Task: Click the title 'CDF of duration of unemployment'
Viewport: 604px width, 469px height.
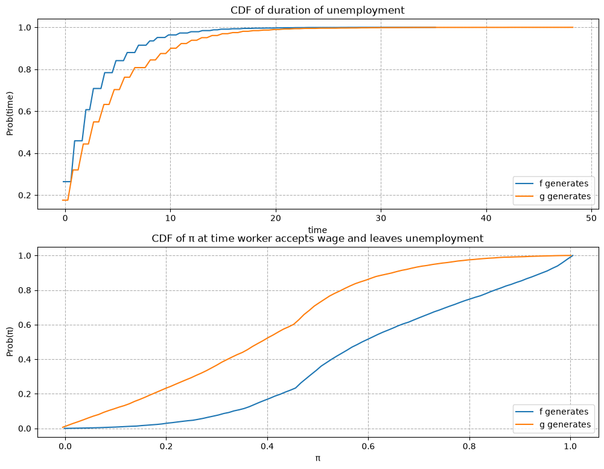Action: [x=317, y=10]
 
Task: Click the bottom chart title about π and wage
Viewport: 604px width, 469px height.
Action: [x=317, y=238]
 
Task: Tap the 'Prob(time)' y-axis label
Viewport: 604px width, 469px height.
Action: [x=10, y=113]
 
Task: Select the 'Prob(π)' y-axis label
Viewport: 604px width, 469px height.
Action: [x=10, y=342]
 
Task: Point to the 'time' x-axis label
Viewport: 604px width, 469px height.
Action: [x=317, y=230]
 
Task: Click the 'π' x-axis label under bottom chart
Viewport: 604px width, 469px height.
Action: [x=317, y=459]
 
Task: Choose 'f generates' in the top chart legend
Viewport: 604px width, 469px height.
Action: [x=564, y=183]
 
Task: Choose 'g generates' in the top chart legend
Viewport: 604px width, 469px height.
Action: [x=565, y=197]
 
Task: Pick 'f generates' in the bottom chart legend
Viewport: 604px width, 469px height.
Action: [x=564, y=412]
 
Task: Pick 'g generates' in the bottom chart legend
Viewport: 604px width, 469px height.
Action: [x=565, y=425]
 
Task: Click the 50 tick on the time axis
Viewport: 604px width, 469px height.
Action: [x=592, y=218]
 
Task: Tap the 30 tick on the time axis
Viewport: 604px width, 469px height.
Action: [x=381, y=218]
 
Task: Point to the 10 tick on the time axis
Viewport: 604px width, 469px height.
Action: [x=170, y=218]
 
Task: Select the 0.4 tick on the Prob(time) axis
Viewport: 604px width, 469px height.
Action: [x=25, y=154]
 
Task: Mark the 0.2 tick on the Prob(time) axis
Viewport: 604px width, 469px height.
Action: [x=25, y=196]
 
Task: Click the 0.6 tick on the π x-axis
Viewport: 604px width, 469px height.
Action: [x=368, y=446]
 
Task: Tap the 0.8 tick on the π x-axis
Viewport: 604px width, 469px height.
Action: [x=469, y=446]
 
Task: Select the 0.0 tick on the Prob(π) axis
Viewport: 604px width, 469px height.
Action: [x=25, y=429]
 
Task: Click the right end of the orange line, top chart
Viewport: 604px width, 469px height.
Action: [x=573, y=27]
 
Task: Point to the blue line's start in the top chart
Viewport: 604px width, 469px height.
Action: [x=63, y=182]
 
